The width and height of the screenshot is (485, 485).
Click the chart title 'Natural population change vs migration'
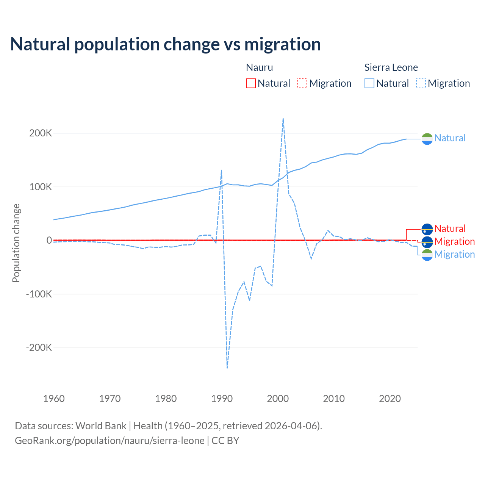click(x=166, y=44)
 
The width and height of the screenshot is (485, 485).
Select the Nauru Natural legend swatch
click(x=250, y=83)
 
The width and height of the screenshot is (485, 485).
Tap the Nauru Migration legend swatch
click(x=302, y=83)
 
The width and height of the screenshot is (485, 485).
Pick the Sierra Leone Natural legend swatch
click(x=369, y=83)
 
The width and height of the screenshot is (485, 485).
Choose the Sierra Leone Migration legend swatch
click(x=421, y=83)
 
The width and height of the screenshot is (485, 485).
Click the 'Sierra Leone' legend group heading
click(x=391, y=67)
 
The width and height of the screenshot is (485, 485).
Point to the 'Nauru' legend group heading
click(x=259, y=67)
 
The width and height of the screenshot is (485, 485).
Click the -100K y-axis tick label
click(x=39, y=294)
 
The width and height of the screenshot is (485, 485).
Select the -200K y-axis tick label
click(x=39, y=348)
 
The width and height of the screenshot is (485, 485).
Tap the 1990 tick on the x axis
click(x=222, y=399)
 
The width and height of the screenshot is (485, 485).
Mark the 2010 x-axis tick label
click(x=334, y=399)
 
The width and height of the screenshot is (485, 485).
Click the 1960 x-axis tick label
click(x=54, y=399)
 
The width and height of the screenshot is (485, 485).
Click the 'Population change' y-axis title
click(x=16, y=243)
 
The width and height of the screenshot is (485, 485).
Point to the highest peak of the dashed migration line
click(x=283, y=118)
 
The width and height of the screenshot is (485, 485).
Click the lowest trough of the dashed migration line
click(x=227, y=368)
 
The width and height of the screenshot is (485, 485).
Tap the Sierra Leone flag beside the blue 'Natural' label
click(x=427, y=139)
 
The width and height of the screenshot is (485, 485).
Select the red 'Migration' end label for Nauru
click(x=454, y=241)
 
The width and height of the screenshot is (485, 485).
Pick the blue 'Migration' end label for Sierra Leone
click(x=454, y=254)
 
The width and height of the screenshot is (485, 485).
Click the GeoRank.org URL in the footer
click(x=110, y=441)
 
